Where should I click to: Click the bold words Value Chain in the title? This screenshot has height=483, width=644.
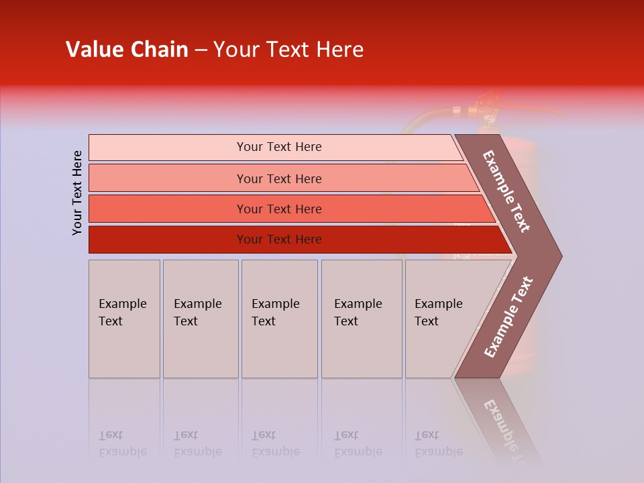coord(127,50)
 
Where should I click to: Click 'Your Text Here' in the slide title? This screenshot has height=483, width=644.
coord(288,50)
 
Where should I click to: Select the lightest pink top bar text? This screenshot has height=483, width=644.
coord(279,147)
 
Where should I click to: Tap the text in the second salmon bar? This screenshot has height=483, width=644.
coord(279,178)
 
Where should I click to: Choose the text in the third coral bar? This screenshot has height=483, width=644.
coord(279,209)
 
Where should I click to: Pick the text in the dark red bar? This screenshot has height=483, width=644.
coord(279,239)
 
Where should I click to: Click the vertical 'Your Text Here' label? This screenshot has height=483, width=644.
coord(77,193)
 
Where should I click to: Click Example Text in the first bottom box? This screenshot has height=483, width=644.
coord(122,313)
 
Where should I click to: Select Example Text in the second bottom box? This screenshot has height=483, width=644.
coord(197,313)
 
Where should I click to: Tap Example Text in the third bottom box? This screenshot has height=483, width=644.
coord(275,313)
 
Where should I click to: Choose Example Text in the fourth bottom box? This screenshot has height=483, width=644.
coord(358,313)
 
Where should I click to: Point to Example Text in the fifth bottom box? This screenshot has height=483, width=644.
coord(438,313)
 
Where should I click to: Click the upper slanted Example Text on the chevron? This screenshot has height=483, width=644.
coord(506,191)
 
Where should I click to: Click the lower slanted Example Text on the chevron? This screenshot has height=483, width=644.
coord(508,317)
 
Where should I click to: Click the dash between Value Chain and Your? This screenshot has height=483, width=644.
coord(201,50)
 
